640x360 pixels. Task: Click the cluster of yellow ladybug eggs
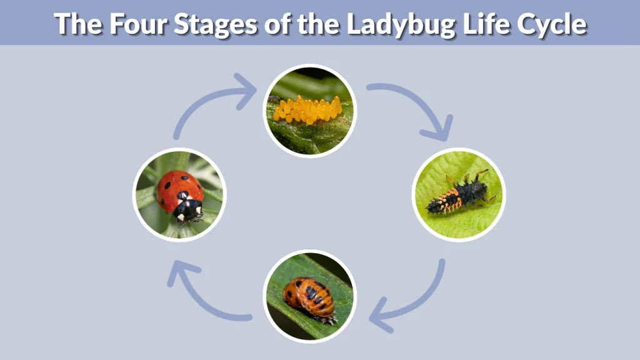pos(307,110)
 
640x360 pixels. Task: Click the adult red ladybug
pos(179,194)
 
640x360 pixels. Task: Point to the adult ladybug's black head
pos(188,211)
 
